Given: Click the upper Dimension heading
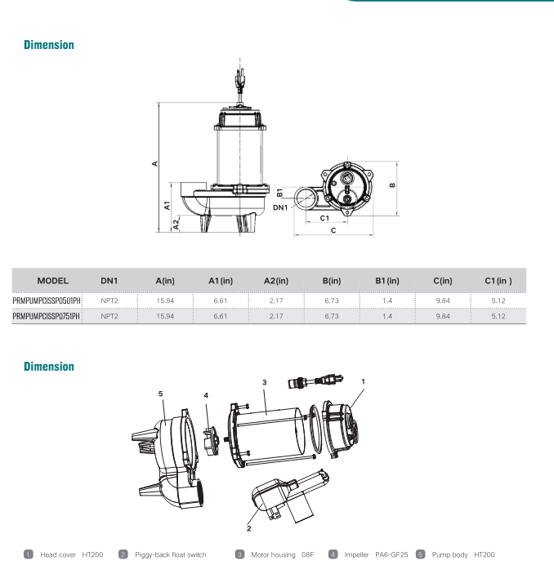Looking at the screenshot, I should [x=49, y=45].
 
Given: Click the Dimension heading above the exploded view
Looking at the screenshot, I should [x=49, y=367].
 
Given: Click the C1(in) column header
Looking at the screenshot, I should [x=498, y=280].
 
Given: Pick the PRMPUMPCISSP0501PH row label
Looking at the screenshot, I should [x=47, y=301].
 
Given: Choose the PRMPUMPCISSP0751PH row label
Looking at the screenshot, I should [x=47, y=316].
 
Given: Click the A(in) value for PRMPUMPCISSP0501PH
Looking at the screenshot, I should [x=164, y=301].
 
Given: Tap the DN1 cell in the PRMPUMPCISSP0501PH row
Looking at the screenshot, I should [x=109, y=301].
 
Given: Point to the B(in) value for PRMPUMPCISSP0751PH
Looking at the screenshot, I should [x=331, y=316].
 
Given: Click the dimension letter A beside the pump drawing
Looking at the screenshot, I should [x=154, y=165].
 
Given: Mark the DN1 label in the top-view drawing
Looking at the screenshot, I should [x=280, y=207].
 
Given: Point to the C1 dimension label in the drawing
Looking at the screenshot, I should [x=324, y=218].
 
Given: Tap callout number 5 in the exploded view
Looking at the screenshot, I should [x=161, y=393].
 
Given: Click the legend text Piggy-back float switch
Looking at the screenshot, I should [x=170, y=555].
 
